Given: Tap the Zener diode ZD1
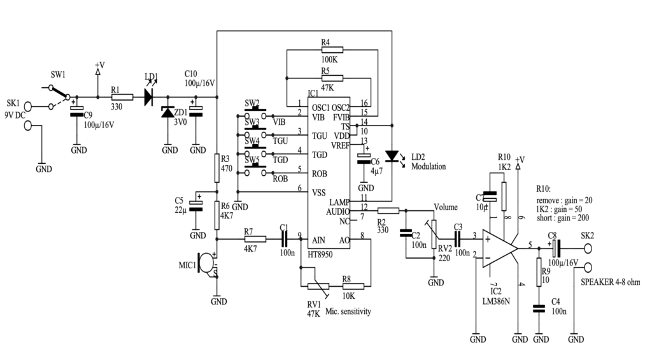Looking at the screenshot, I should point(169,113).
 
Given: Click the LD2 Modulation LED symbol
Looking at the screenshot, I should point(393,155).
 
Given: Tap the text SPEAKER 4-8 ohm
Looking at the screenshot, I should point(609,282).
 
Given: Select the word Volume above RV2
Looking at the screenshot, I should point(446,207).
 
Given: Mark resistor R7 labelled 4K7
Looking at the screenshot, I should point(254,239).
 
